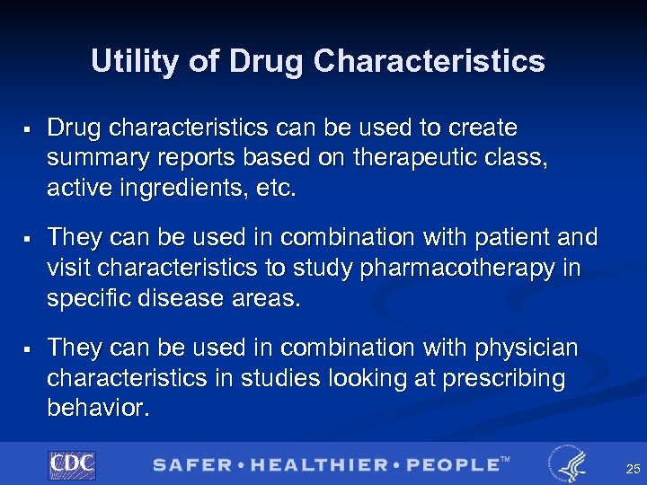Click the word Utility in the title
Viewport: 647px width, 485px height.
[136, 61]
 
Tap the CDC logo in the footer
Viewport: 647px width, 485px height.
[72, 464]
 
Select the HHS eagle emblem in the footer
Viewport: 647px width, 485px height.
[568, 464]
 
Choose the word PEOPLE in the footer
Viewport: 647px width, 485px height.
[454, 465]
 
